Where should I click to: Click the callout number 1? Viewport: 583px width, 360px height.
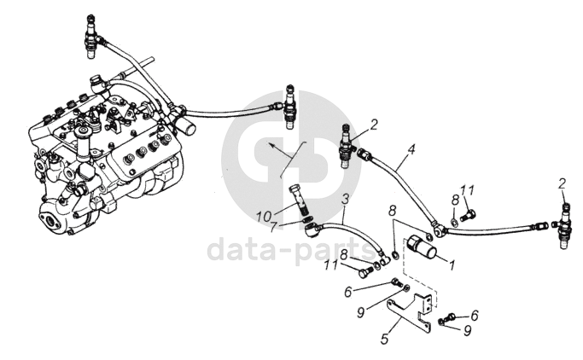(x=452, y=265)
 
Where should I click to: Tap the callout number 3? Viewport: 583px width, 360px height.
(x=346, y=199)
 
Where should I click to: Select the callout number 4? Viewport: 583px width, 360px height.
(x=411, y=149)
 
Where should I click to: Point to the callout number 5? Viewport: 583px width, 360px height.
(x=385, y=339)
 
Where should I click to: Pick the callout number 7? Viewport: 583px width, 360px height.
(x=273, y=227)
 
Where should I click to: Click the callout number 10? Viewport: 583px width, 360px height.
(x=264, y=216)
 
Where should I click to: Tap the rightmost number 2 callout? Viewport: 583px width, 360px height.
(x=562, y=184)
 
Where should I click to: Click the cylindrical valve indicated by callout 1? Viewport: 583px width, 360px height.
(x=421, y=246)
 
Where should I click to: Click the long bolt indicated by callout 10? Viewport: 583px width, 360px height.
(x=298, y=200)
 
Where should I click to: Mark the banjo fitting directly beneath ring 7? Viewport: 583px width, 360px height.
(x=310, y=229)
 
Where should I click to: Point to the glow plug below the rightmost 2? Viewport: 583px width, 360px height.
(x=564, y=227)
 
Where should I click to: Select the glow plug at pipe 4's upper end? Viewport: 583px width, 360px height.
(x=347, y=146)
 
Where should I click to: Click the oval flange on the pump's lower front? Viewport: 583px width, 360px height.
(x=50, y=220)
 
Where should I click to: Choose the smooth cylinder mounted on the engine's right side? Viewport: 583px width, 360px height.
(x=185, y=126)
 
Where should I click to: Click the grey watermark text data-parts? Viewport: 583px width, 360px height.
(x=292, y=250)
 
